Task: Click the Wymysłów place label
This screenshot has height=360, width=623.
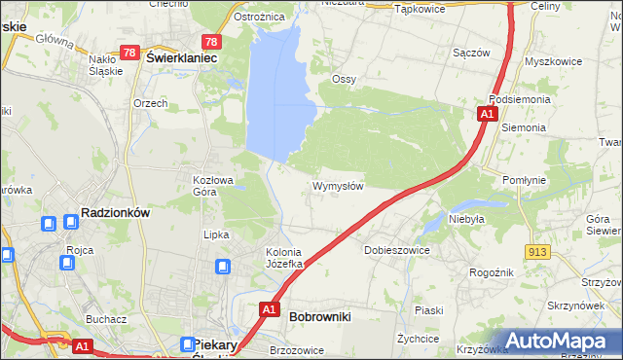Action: point(338,186)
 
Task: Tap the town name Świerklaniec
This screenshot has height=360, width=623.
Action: point(180,57)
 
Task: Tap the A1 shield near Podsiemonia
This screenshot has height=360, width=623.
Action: point(486,115)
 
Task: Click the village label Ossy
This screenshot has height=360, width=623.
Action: point(344,79)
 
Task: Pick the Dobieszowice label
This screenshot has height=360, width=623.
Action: point(396,250)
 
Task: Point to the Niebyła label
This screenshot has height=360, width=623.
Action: point(467,219)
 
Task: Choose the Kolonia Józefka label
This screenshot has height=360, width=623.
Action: point(286,258)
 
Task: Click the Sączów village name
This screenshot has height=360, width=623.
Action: point(471,53)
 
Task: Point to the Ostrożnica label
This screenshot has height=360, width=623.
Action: point(259,17)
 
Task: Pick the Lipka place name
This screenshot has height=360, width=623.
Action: point(215,234)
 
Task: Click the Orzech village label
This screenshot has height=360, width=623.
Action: point(151,102)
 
